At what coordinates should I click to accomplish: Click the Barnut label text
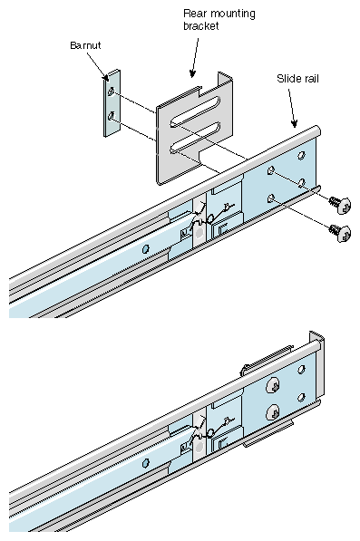tap(85, 45)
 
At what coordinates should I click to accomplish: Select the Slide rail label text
tap(297, 79)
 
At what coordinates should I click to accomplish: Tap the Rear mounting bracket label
tap(219, 20)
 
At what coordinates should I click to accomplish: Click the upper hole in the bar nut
tap(112, 92)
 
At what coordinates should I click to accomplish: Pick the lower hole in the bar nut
tap(112, 116)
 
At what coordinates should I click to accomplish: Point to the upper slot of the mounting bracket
tap(195, 111)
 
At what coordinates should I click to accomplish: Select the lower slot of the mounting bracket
tap(195, 136)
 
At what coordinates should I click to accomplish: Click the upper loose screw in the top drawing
tap(341, 204)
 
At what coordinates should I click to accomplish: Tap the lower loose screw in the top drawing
tap(341, 233)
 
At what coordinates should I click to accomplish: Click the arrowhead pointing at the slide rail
tap(294, 123)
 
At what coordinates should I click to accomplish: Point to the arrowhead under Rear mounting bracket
tap(192, 73)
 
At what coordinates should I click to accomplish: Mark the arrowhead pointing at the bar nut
tap(105, 77)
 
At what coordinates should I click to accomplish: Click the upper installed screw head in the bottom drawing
tap(273, 385)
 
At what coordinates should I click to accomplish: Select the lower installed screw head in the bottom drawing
tap(273, 412)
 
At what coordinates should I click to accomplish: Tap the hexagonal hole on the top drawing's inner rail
tap(146, 248)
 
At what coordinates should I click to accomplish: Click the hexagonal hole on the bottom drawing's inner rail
tap(146, 463)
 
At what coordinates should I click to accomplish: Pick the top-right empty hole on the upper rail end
tap(301, 155)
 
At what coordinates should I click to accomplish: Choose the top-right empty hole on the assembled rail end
tap(301, 370)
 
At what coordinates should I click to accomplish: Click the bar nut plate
tap(112, 102)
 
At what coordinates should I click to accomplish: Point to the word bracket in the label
tap(201, 26)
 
